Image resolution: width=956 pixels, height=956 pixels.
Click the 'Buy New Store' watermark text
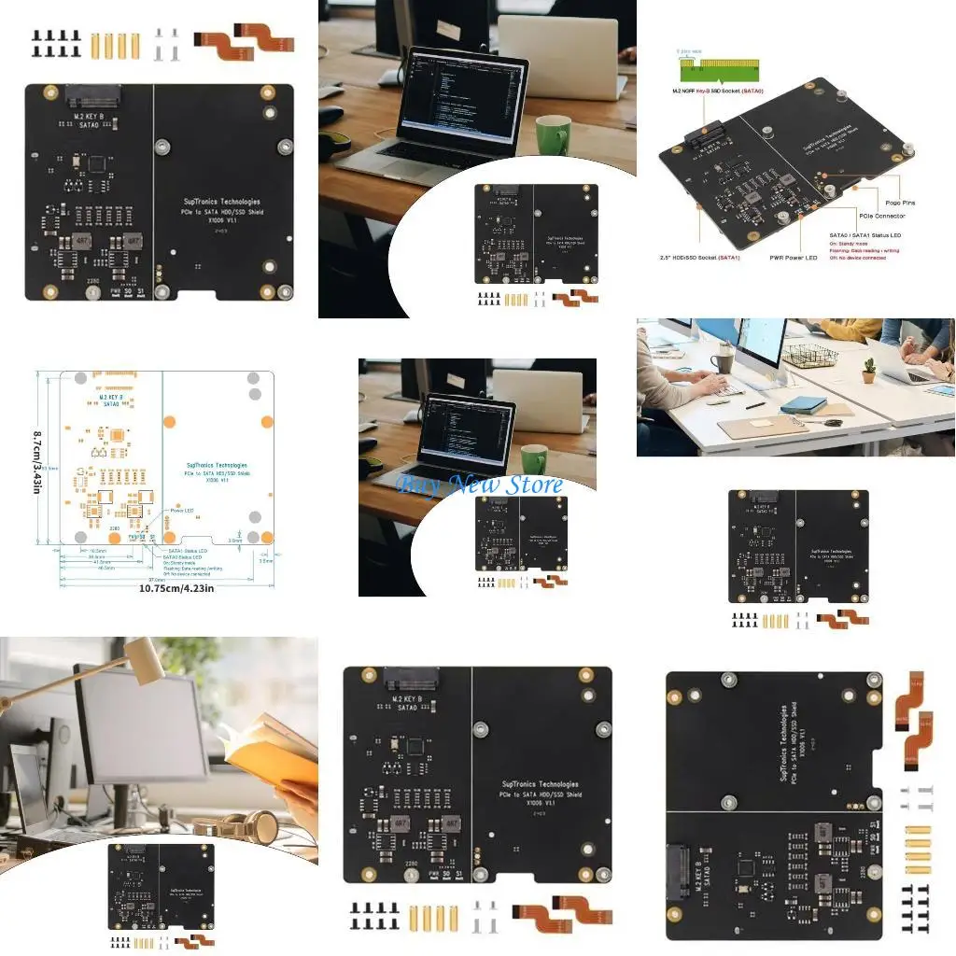[480, 485]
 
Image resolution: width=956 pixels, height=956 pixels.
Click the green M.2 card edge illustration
[720, 67]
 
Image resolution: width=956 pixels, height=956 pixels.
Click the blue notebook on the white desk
[804, 405]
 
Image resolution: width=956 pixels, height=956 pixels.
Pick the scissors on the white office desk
[830, 422]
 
